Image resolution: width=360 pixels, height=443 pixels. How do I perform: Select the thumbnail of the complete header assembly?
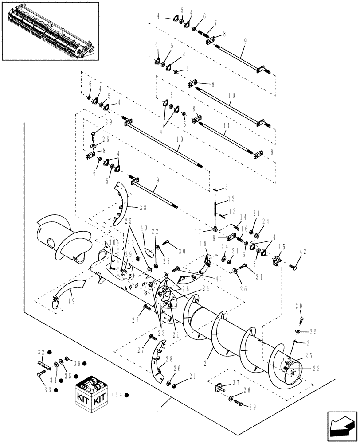coord(50,30)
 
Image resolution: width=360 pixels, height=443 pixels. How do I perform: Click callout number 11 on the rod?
coord(227,126)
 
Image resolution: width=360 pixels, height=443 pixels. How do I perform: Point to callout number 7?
coord(215,23)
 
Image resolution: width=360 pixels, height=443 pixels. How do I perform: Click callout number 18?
coord(203,244)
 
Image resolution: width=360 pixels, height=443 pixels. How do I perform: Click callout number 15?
coord(282,247)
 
